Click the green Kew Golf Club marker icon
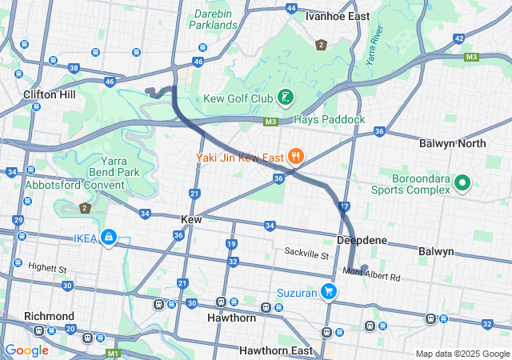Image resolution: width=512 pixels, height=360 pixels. click(284, 98)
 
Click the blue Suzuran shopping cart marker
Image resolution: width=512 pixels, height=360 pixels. click(328, 292)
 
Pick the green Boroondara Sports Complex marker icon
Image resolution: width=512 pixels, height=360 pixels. click(462, 183)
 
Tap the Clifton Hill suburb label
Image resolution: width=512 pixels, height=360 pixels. click(50, 94)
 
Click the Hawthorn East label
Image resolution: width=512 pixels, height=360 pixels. click(275, 350)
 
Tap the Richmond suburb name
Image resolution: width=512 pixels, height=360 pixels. click(49, 316)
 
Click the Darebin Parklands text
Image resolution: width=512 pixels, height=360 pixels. click(214, 19)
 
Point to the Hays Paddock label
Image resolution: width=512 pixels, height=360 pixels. click(329, 119)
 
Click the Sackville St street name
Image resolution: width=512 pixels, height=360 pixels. click(307, 254)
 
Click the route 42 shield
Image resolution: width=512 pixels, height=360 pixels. click(458, 38)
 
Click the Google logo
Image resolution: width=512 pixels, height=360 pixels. click(26, 350)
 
